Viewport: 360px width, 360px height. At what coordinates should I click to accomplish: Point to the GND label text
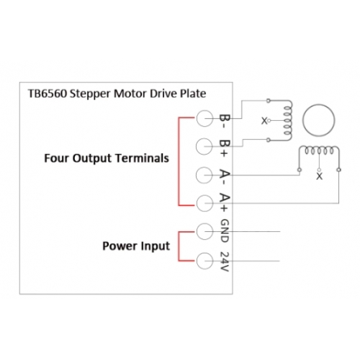[x=225, y=230]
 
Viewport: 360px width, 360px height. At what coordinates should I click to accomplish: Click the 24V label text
[x=225, y=261]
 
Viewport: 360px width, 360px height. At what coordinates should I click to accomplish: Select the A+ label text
[x=225, y=202]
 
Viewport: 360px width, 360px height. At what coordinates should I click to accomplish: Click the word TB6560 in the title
[x=48, y=94]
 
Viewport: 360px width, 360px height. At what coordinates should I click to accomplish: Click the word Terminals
[x=142, y=158]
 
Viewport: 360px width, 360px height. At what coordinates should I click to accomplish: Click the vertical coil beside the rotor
[x=288, y=120]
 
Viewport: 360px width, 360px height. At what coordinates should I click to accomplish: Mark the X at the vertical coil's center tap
[x=264, y=121]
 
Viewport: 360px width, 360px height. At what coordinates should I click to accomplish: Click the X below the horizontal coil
[x=319, y=176]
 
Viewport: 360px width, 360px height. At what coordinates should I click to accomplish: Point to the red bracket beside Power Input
[x=179, y=246]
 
